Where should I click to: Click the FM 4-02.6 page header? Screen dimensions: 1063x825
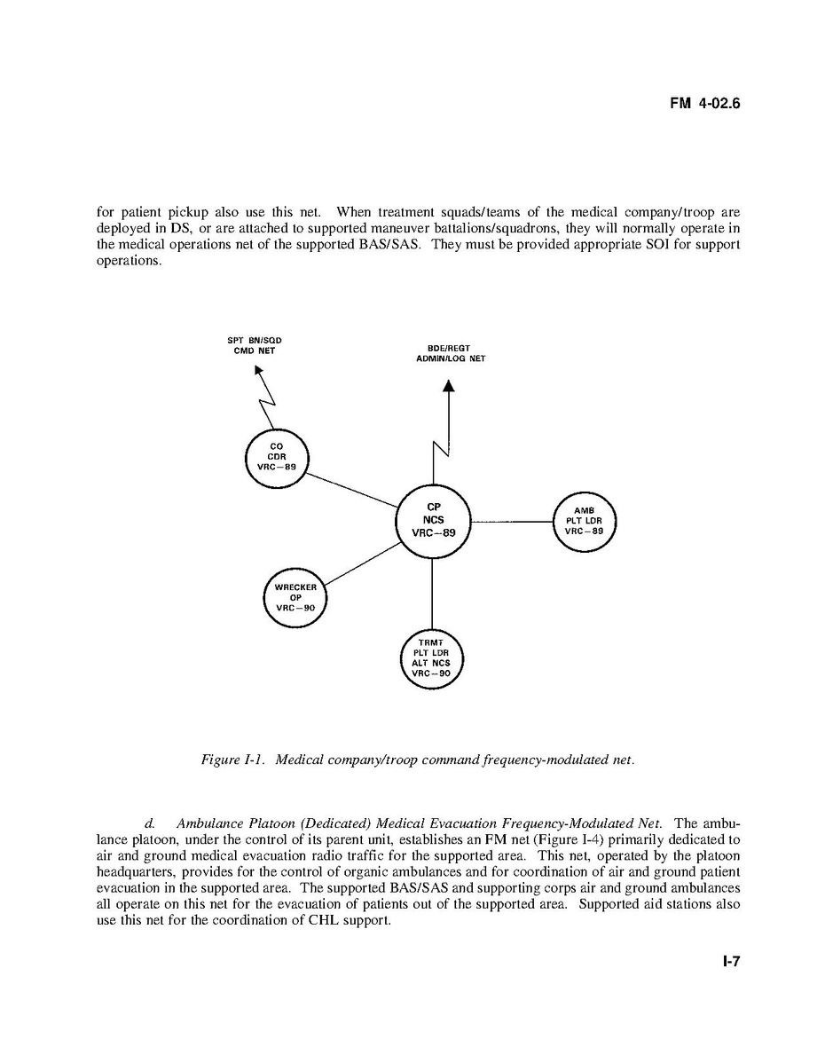click(704, 104)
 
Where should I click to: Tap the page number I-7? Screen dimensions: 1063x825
click(730, 960)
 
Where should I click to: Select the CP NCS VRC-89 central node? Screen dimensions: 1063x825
click(433, 521)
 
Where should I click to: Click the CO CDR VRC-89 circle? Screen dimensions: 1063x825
click(276, 457)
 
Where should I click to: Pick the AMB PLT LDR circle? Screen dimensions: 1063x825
click(584, 521)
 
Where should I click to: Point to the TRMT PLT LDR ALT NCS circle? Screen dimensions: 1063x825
click(432, 657)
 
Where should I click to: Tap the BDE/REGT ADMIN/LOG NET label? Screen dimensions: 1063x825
click(450, 353)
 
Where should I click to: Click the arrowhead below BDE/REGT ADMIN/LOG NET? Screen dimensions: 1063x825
click(449, 386)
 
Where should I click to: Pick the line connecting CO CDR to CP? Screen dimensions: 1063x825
click(352, 490)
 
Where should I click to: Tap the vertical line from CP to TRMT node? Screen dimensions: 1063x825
click(432, 593)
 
